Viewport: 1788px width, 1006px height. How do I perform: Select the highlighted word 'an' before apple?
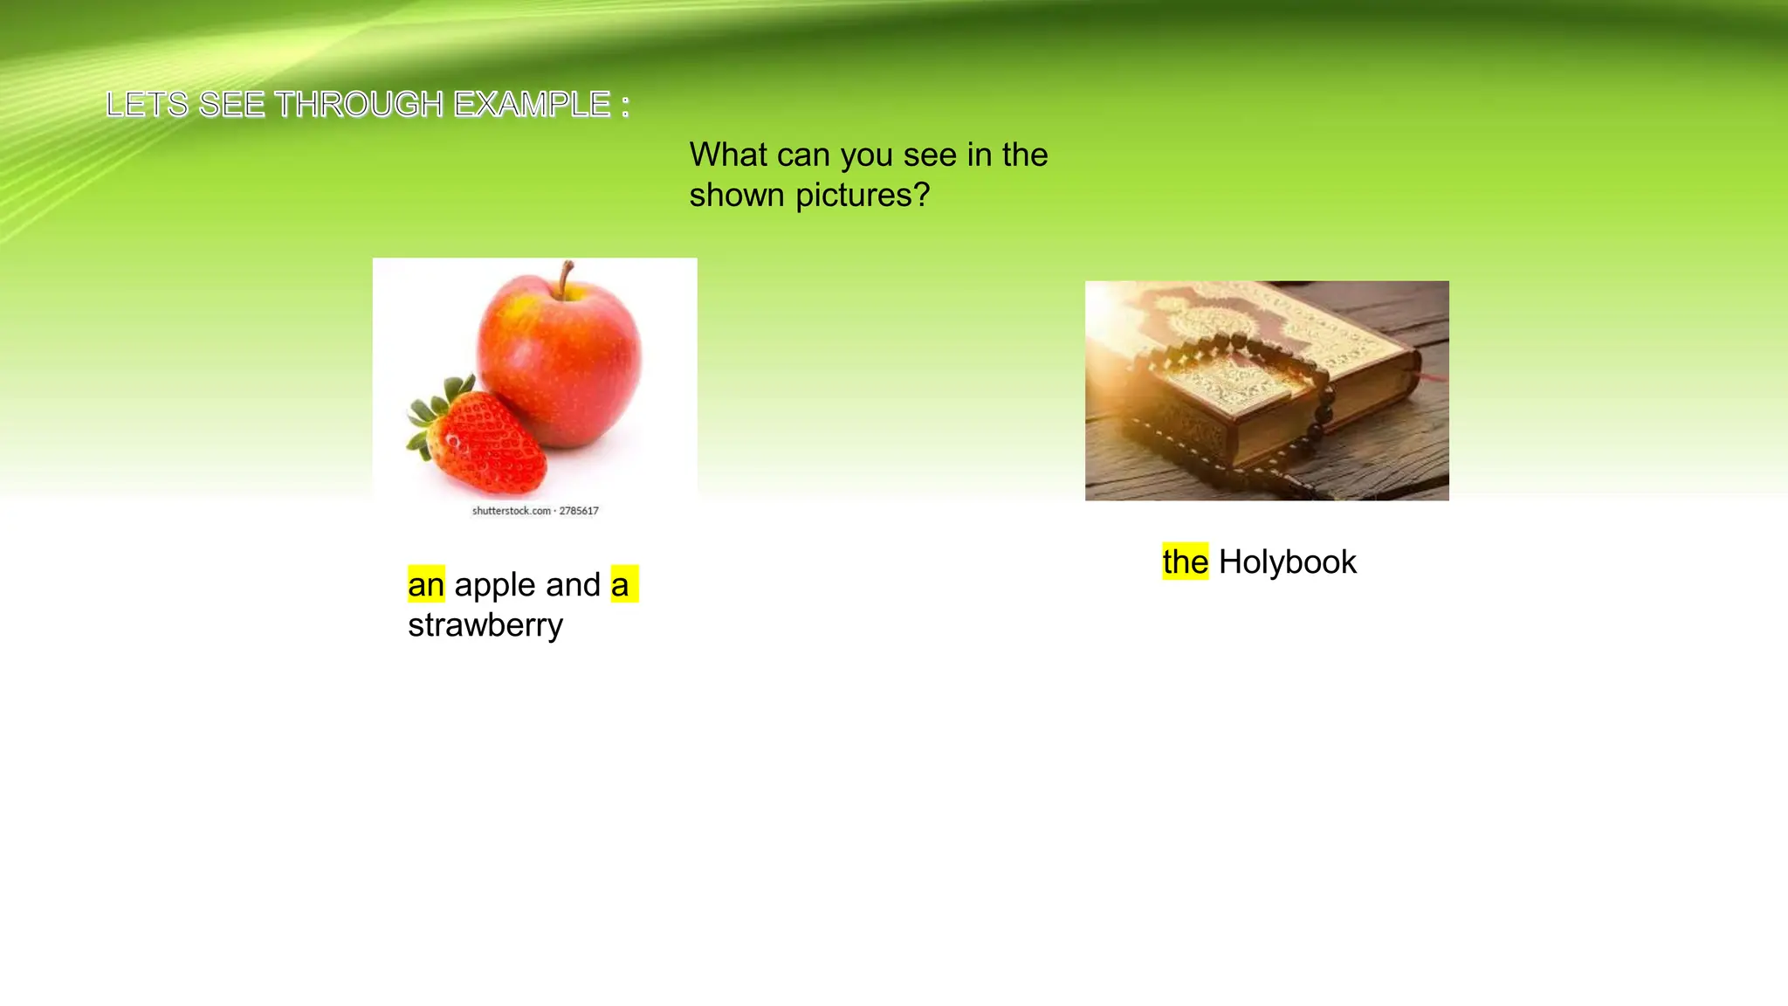tap(426, 584)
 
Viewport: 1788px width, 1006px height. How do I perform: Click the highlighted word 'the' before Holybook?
tap(1185, 562)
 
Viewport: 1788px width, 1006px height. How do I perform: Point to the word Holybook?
tap(1287, 562)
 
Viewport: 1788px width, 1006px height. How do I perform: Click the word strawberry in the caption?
tap(485, 625)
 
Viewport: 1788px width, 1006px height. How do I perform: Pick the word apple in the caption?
tap(527, 584)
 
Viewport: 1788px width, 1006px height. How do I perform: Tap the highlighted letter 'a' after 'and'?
tap(620, 584)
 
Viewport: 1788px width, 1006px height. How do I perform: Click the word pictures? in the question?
tap(863, 195)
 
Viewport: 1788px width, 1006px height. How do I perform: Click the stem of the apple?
tap(567, 277)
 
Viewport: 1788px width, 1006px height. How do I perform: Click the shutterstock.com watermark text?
tap(534, 511)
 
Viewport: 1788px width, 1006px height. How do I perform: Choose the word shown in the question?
tap(737, 195)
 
